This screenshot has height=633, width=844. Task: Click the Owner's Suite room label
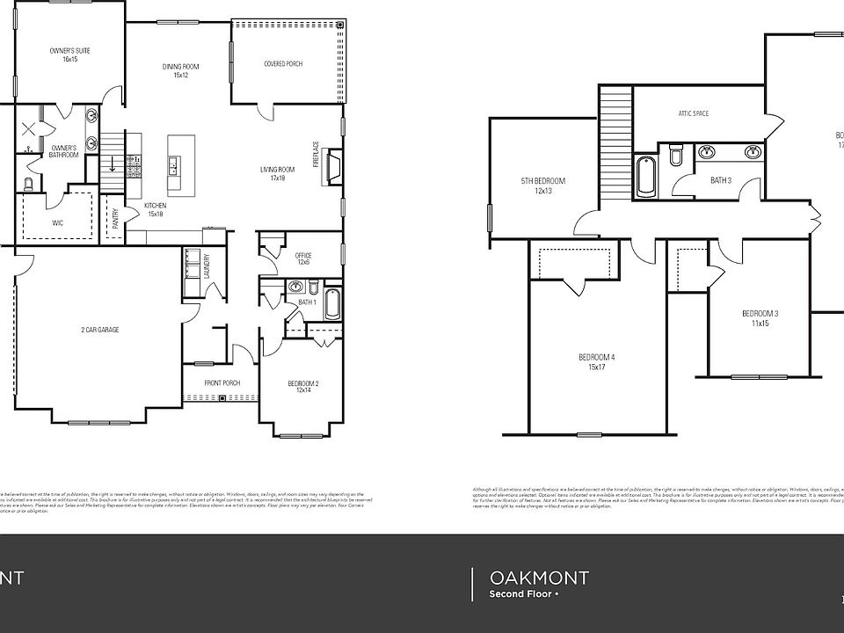(69, 55)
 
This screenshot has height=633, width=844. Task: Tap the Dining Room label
(181, 70)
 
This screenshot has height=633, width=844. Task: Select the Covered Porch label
(283, 64)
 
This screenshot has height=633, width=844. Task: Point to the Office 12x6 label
(304, 259)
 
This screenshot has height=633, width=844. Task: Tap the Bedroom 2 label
(303, 386)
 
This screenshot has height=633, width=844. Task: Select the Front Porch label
(222, 382)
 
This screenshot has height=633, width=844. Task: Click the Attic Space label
(694, 113)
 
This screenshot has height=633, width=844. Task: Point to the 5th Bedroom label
(543, 186)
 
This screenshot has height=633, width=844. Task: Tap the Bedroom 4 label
(596, 361)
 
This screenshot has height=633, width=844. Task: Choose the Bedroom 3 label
(760, 318)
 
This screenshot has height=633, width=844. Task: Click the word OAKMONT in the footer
(539, 578)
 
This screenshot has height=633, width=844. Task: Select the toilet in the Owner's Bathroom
(28, 185)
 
